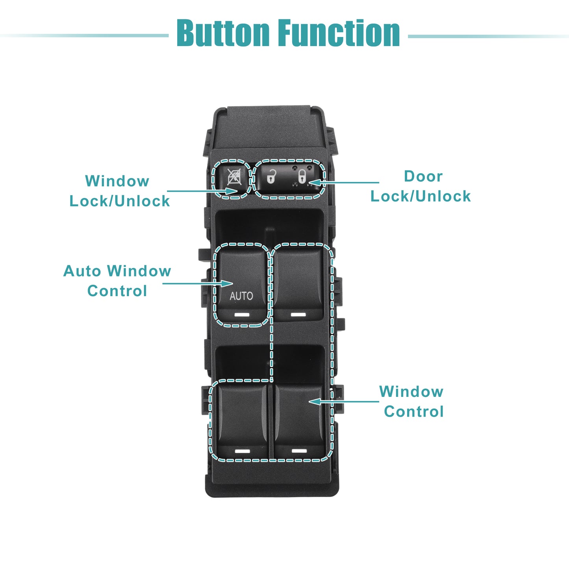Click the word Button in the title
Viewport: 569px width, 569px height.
[223, 32]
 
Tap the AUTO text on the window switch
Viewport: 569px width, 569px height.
[241, 296]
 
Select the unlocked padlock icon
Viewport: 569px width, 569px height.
[271, 176]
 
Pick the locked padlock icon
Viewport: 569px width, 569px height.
[302, 176]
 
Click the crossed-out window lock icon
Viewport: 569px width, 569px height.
[234, 177]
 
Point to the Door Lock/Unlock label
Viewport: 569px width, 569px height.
[421, 186]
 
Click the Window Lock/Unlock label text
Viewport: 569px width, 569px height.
[119, 191]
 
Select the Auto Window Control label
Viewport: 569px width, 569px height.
[117, 281]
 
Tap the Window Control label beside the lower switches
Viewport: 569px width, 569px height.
[411, 401]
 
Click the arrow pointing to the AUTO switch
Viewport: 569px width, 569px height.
[198, 284]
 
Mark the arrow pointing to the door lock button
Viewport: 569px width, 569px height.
[344, 182]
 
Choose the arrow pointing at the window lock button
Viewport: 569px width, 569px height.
[202, 191]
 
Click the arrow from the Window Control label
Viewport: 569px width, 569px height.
[344, 401]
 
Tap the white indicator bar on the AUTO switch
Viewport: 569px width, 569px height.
[241, 314]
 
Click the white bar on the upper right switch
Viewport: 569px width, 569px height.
[298, 314]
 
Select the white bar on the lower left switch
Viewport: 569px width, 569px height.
[242, 451]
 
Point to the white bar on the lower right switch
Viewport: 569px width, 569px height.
[299, 451]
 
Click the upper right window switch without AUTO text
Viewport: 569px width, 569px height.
[299, 284]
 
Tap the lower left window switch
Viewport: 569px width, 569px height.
[243, 421]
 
